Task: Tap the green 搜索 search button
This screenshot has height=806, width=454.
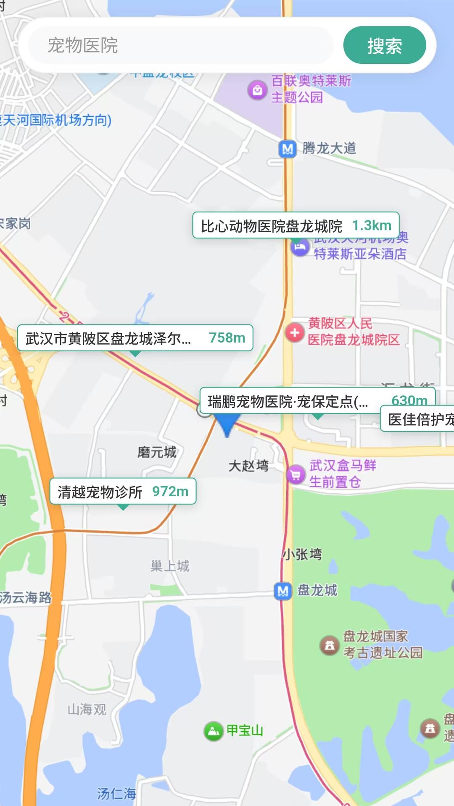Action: pyautogui.click(x=384, y=45)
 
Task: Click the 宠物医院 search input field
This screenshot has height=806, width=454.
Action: pyautogui.click(x=181, y=45)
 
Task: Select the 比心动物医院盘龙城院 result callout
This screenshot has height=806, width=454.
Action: pyautogui.click(x=296, y=225)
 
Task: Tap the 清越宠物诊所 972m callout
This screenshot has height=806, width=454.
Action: pyautogui.click(x=123, y=491)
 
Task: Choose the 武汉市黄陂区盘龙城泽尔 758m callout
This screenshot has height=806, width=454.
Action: pyautogui.click(x=135, y=338)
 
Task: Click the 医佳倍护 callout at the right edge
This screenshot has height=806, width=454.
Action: pyautogui.click(x=418, y=419)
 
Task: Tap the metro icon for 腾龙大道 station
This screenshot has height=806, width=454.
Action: pyautogui.click(x=288, y=149)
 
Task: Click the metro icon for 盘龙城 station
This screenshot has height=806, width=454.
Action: pyautogui.click(x=283, y=591)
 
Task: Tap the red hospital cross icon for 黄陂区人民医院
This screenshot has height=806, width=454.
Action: pyautogui.click(x=295, y=332)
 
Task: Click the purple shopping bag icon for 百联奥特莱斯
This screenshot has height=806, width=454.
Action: pyautogui.click(x=257, y=89)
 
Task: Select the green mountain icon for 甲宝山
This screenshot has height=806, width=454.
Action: pyautogui.click(x=213, y=731)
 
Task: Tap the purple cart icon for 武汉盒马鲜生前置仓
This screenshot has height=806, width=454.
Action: pyautogui.click(x=296, y=475)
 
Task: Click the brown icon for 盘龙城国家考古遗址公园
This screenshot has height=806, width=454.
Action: pyautogui.click(x=330, y=645)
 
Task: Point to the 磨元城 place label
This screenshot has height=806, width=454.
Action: pyautogui.click(x=157, y=452)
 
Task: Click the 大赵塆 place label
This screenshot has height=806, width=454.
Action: pyautogui.click(x=248, y=466)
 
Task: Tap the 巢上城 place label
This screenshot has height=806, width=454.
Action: pyautogui.click(x=170, y=566)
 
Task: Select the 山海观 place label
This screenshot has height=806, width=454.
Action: pyautogui.click(x=87, y=709)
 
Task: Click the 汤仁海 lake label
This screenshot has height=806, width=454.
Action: pyautogui.click(x=116, y=793)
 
